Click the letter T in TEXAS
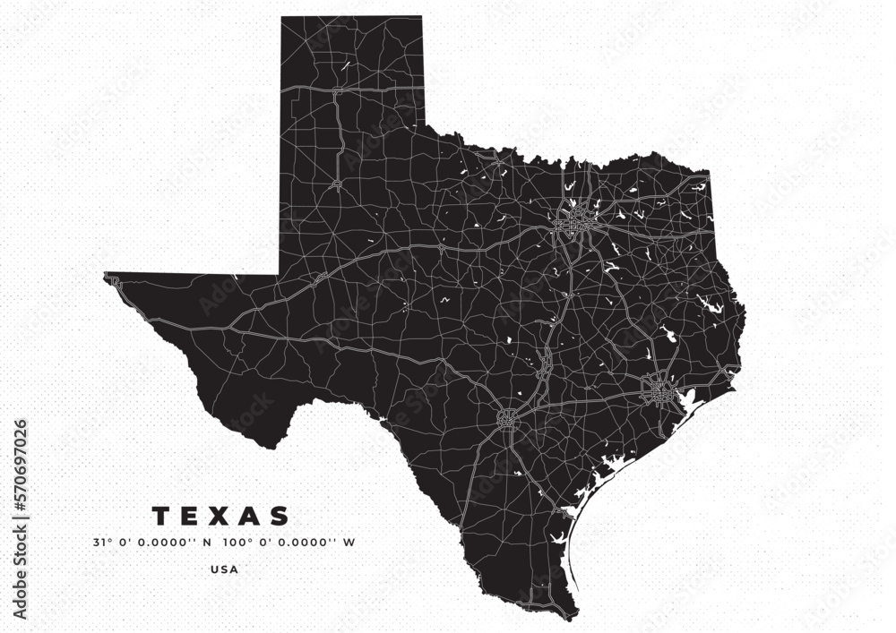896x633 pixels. tap(161, 517)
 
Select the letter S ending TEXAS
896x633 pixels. tap(280, 517)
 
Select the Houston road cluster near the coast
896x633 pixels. tap(661, 390)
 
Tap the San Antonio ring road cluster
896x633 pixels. tap(508, 417)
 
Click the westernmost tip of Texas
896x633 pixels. tap(105, 275)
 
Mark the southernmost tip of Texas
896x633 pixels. tap(573, 617)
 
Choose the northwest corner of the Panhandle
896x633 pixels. tap(282, 18)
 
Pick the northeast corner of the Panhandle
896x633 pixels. tap(420, 18)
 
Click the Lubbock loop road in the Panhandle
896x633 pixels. tap(337, 184)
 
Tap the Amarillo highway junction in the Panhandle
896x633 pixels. tap(334, 91)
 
